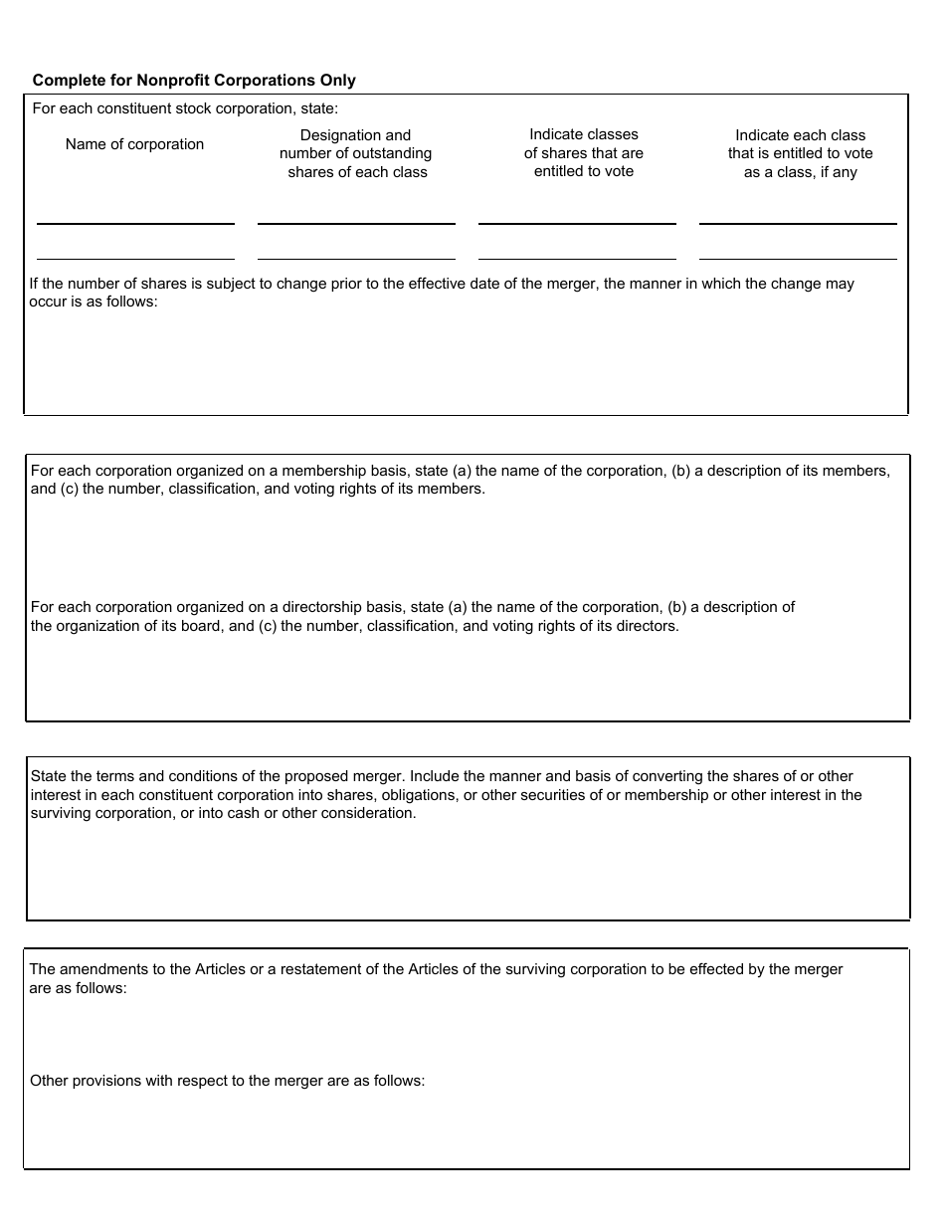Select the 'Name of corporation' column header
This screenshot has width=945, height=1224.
click(134, 144)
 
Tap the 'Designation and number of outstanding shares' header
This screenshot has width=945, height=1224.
click(355, 153)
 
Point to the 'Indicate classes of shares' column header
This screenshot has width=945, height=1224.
click(584, 152)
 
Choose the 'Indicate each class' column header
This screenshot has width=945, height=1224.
click(800, 153)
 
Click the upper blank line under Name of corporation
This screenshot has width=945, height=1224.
click(135, 223)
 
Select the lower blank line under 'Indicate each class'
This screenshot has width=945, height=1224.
click(798, 259)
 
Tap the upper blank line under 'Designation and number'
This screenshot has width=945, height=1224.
click(356, 223)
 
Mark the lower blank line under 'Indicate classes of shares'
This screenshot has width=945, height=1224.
click(577, 259)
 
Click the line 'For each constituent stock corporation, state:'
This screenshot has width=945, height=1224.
click(185, 108)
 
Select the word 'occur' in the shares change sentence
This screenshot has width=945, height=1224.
click(48, 302)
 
